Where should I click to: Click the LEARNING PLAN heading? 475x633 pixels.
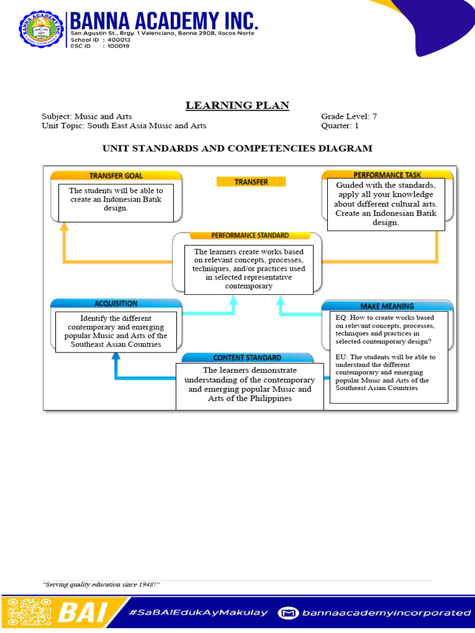tap(237, 105)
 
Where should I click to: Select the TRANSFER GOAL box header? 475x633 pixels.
tap(116, 176)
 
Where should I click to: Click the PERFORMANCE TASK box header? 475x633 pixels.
tap(387, 175)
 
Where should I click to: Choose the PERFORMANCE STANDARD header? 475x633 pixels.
tap(249, 236)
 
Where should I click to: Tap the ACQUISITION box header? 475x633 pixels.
tap(116, 304)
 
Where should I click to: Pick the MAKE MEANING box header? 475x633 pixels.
tap(387, 306)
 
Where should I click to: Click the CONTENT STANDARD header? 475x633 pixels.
tap(247, 357)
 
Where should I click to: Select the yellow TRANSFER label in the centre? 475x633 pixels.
tap(251, 182)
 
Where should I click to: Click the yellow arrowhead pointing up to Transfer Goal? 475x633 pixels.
tap(64, 227)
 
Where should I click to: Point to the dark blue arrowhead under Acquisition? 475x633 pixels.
tap(116, 357)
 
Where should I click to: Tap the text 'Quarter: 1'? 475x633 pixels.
tap(340, 125)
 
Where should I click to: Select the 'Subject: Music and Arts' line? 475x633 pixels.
tap(87, 116)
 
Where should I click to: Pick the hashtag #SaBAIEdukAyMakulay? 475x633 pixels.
tap(199, 613)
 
